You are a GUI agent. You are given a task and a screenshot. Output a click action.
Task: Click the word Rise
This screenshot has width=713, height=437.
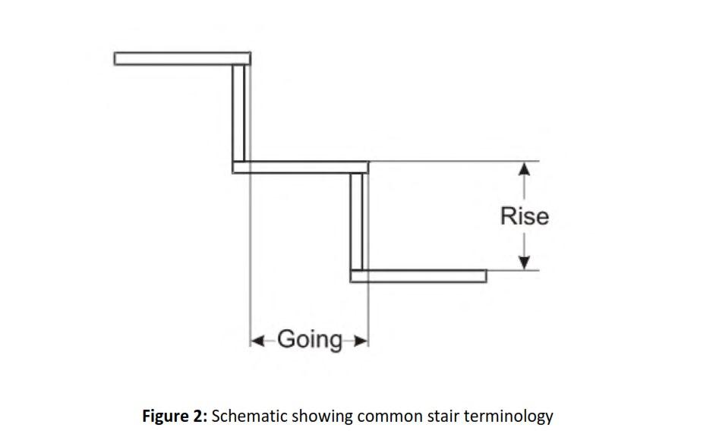pyautogui.click(x=524, y=216)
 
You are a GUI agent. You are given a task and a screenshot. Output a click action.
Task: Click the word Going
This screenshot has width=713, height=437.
pyautogui.click(x=309, y=339)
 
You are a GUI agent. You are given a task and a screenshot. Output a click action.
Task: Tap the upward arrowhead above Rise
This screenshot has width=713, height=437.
pyautogui.click(x=523, y=170)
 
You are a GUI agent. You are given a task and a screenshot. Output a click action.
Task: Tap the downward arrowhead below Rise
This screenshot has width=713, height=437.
pyautogui.click(x=523, y=262)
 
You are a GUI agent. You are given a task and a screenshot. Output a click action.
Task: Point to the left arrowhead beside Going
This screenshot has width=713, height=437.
pyautogui.click(x=257, y=340)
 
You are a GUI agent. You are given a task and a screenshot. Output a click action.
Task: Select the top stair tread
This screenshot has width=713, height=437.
pyautogui.click(x=182, y=58)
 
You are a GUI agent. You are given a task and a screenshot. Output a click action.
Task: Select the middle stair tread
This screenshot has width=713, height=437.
pyautogui.click(x=301, y=167)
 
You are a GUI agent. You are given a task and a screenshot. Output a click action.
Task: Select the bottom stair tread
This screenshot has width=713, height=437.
pyautogui.click(x=418, y=275)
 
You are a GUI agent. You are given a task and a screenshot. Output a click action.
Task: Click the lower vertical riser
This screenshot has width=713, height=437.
pyautogui.click(x=358, y=221)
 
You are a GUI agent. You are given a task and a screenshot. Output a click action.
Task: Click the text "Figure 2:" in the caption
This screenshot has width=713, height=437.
pyautogui.click(x=175, y=417)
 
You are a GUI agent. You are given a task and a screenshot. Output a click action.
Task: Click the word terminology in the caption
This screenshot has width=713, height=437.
pyautogui.click(x=510, y=417)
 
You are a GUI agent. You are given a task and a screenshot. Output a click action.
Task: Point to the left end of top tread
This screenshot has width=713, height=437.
pyautogui.click(x=117, y=58)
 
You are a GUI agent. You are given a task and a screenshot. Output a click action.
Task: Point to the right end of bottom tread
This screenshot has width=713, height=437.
pyautogui.click(x=484, y=275)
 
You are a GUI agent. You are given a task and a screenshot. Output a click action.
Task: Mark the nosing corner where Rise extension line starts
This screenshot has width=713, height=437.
pyautogui.click(x=369, y=162)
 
